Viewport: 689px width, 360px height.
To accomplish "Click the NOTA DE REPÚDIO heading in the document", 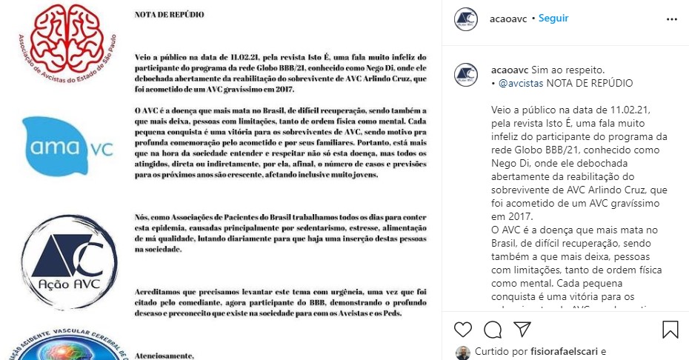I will [170, 14].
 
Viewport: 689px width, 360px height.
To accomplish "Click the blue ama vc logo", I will [68, 146].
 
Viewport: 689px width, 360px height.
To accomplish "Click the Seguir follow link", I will [553, 18].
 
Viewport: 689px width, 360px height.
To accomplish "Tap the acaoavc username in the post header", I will [509, 18].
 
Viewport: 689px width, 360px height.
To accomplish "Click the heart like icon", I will [463, 329].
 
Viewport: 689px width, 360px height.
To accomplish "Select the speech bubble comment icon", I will [493, 329].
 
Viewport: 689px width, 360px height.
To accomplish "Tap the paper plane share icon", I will [522, 329].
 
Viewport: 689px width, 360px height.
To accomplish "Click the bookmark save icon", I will [670, 329].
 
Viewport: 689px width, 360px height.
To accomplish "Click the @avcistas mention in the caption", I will [522, 83].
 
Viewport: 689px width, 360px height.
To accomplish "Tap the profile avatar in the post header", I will [466, 19].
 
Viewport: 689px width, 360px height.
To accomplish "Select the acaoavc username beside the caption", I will [509, 70].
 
